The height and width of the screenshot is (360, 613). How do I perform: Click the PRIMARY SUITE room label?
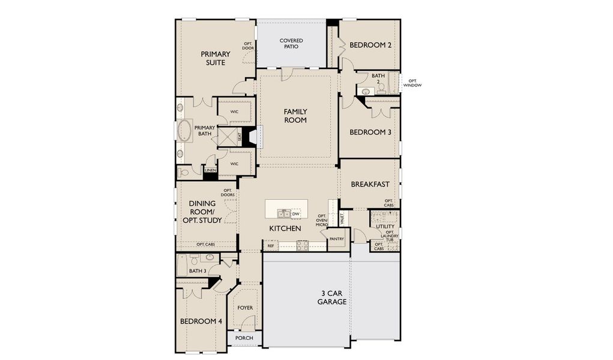(215, 58)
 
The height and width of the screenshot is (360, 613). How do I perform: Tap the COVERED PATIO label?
(291, 44)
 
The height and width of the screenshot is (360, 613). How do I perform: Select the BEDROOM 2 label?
(370, 45)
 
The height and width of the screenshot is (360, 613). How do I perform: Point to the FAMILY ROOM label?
(295, 116)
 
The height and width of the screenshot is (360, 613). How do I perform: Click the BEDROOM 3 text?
(370, 132)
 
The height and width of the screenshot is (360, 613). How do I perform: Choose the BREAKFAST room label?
(370, 184)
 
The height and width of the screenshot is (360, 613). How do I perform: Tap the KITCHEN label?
(285, 229)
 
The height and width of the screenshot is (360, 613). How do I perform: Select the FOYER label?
(245, 308)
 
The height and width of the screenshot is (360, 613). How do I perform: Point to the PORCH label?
(244, 338)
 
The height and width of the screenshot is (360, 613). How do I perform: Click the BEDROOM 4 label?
(201, 322)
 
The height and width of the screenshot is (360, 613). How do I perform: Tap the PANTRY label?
(336, 239)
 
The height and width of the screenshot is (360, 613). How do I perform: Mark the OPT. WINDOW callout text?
(412, 83)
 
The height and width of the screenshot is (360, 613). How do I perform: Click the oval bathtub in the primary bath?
(184, 132)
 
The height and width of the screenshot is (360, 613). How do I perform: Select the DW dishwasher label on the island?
(296, 214)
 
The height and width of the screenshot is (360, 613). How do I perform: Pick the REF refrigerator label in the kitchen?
(271, 245)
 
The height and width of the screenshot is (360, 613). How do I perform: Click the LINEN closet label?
(210, 170)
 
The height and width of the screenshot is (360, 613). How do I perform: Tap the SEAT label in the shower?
(239, 137)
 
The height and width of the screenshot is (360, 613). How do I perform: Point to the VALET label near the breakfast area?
(342, 218)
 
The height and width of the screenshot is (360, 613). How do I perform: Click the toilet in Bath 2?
(381, 88)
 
